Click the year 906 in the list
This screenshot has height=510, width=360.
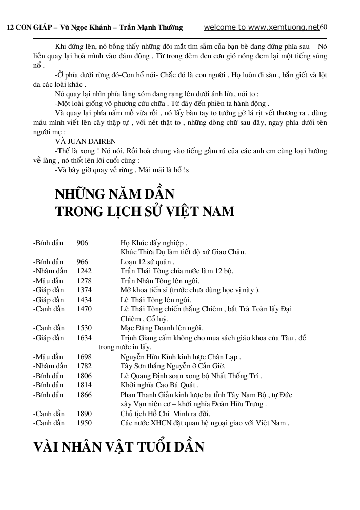point(82,243)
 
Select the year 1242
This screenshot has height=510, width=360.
point(84,271)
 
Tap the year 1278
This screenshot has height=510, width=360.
point(84,281)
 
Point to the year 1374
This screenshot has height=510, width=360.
point(84,290)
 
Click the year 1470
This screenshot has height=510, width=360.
point(84,309)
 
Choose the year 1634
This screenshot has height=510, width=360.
point(84,338)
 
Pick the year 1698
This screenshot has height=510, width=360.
point(84,357)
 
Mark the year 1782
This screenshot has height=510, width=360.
point(84,366)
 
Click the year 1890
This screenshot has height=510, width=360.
point(84,414)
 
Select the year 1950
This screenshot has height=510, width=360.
point(84,423)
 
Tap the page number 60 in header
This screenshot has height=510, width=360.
point(323,27)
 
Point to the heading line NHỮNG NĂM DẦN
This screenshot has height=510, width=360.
point(115,194)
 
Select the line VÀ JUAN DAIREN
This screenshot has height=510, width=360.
point(86,141)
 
